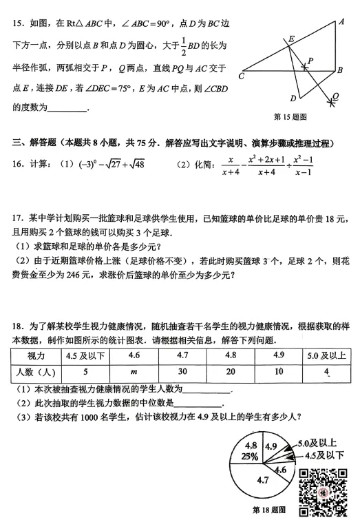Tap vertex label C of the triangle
tap(242, 75)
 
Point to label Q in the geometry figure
tap(335, 96)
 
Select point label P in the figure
tap(310, 61)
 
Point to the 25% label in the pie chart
tap(250, 456)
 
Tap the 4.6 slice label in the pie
tap(279, 470)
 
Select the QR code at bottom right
tap(321, 492)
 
